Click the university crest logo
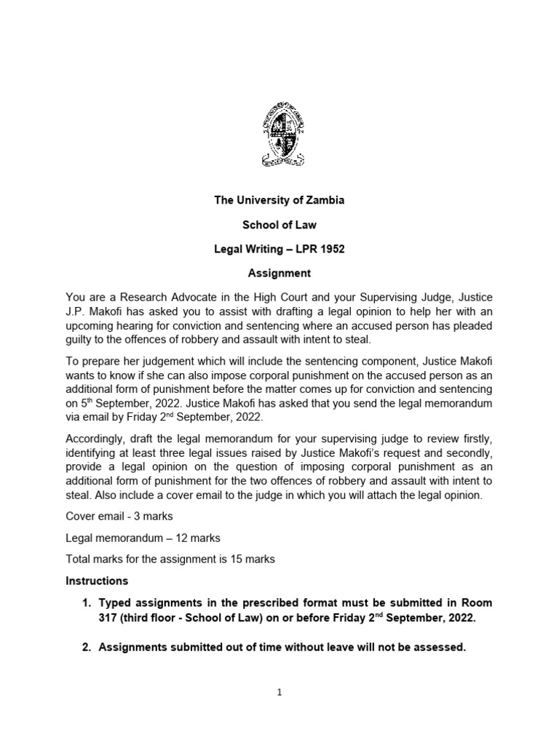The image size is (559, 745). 279,138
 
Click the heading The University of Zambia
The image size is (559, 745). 279,201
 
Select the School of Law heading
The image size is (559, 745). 279,225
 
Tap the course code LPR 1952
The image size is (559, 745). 319,250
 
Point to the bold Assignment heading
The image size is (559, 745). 279,274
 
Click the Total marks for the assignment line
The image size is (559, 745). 170,559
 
